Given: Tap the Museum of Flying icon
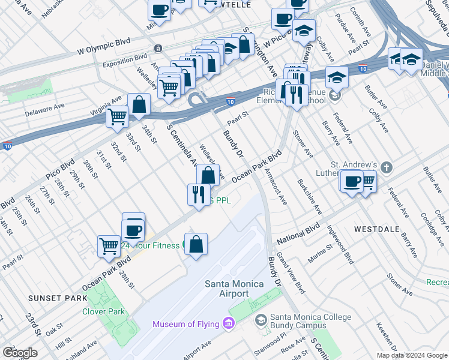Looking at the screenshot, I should pyautogui.click(x=228, y=325).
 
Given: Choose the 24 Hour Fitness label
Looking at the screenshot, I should pyautogui.click(x=150, y=245).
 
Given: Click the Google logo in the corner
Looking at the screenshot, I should pyautogui.click(x=19, y=353).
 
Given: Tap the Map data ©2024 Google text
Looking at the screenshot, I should pyautogui.click(x=411, y=355).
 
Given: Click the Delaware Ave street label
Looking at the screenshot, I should pyautogui.click(x=44, y=109).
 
